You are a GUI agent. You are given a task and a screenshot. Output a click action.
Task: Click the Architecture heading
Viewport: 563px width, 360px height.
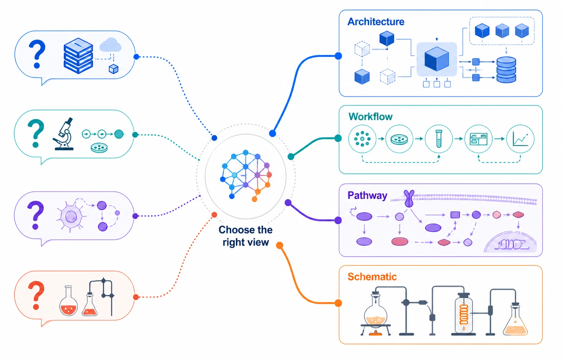376,22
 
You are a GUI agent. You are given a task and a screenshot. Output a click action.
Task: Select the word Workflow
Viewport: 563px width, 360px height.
371,117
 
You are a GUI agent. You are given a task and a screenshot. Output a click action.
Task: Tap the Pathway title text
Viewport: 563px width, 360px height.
367,196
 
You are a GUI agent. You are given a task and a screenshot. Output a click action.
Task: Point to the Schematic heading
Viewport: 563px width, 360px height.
372,277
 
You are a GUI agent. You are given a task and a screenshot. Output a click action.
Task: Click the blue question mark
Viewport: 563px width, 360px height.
37,54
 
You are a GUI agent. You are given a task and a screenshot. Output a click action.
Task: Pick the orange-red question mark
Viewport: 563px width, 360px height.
36,295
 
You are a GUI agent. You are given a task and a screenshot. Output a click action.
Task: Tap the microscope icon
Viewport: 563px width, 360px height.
63,134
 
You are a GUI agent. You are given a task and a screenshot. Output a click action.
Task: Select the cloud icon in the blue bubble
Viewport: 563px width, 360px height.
110,45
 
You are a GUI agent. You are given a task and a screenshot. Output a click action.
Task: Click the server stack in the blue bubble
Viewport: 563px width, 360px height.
78,56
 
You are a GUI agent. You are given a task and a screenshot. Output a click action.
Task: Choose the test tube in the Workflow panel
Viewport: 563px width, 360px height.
439,139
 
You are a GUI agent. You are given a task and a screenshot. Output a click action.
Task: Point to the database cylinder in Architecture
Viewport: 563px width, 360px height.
506,70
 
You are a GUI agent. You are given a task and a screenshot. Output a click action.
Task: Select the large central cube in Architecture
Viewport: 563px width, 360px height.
437,59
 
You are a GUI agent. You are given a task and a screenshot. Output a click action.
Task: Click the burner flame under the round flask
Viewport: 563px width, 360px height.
376,333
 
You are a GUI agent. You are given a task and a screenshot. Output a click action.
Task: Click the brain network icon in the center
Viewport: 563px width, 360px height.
246,176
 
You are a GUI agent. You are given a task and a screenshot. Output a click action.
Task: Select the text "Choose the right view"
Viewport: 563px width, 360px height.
246,236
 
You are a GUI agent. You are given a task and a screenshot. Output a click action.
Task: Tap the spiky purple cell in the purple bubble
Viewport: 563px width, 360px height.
71,216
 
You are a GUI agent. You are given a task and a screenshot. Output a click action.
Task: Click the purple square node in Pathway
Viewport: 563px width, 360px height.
455,215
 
